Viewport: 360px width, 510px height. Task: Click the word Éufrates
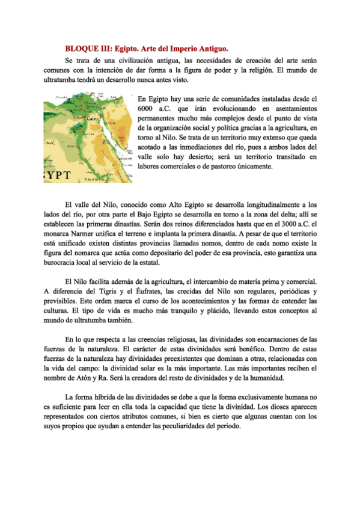point(138,291)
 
